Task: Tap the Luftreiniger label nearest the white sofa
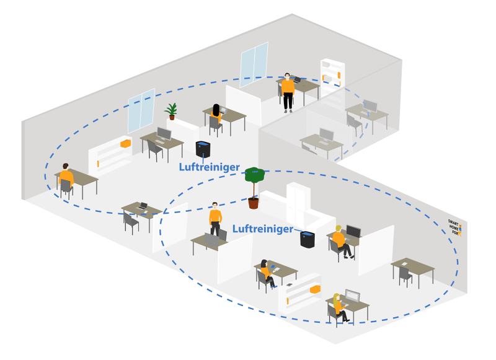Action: click(263, 229)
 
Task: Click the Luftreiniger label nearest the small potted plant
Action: click(209, 167)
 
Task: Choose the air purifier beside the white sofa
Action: click(307, 237)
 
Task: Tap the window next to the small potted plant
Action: click(141, 108)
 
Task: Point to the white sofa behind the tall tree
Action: click(298, 211)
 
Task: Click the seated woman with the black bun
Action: click(267, 273)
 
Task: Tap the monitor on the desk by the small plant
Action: click(164, 134)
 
